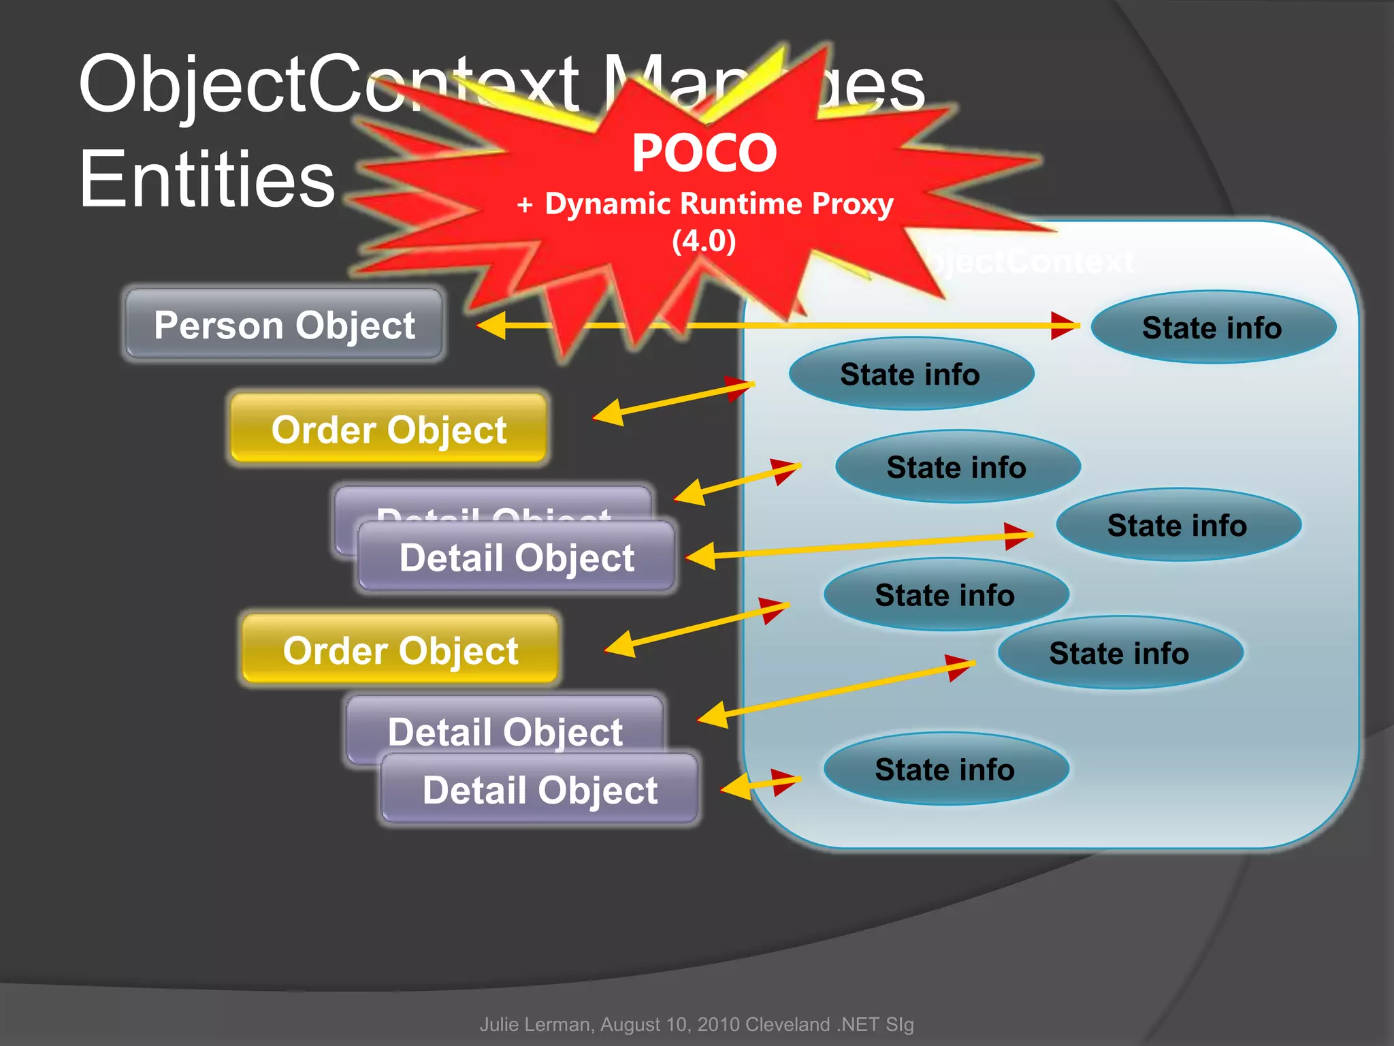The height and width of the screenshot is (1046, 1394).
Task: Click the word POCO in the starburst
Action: point(704,153)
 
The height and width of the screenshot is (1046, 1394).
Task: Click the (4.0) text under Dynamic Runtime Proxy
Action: point(704,240)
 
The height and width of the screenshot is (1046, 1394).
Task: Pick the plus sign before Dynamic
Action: point(525,205)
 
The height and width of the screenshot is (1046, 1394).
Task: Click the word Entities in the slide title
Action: point(207,179)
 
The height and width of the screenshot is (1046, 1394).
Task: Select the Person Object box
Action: point(284,325)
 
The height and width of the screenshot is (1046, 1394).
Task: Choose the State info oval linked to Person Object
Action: point(1212,328)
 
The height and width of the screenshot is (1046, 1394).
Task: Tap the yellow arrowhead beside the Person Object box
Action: point(491,326)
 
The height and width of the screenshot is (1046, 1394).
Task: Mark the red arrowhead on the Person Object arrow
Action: point(1064,326)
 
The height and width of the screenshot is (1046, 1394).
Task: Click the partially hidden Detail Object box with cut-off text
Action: point(493,504)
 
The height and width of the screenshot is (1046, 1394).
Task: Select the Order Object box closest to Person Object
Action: point(389,430)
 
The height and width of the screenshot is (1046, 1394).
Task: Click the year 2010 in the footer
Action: point(719,1024)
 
